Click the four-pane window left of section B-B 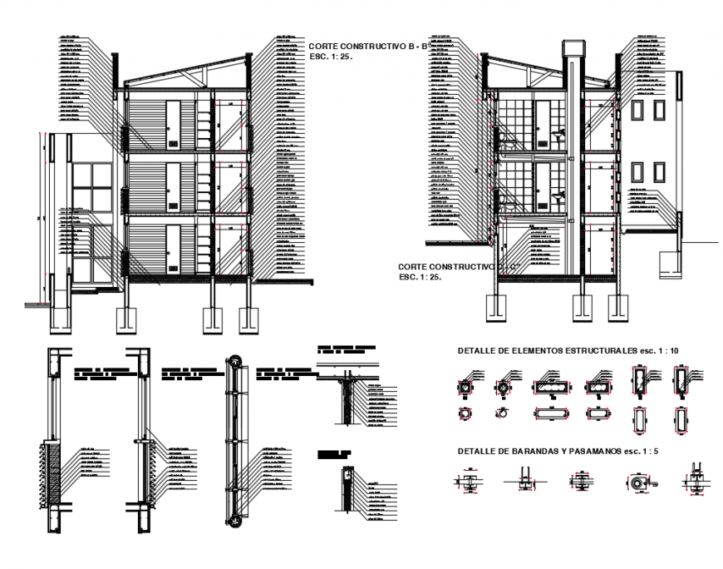(91, 187)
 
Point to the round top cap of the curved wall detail (234, 361)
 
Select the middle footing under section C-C (583, 307)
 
